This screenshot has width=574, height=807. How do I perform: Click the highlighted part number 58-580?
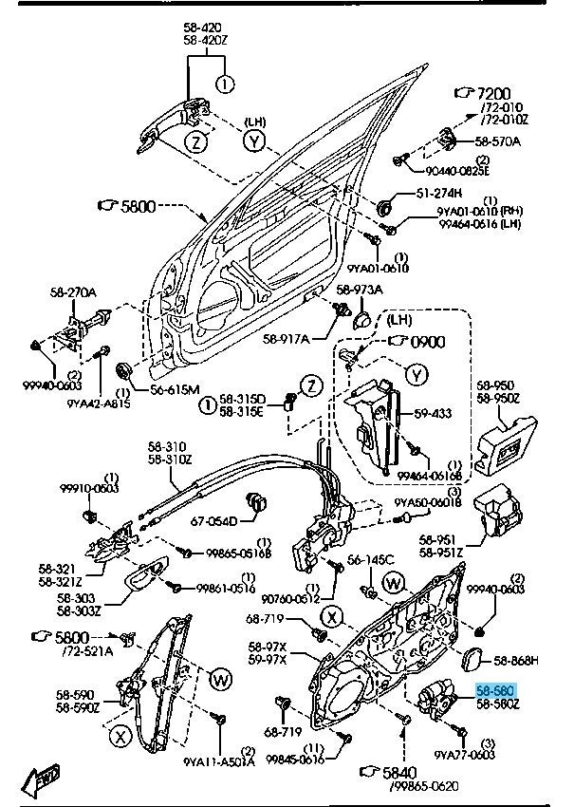click(x=495, y=691)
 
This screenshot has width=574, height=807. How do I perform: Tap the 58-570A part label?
click(x=498, y=141)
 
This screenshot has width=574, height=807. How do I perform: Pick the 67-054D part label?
click(x=213, y=519)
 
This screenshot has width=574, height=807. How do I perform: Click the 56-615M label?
click(x=174, y=389)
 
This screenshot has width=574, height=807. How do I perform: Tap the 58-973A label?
click(x=362, y=290)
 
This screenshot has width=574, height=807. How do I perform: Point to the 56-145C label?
click(x=367, y=559)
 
